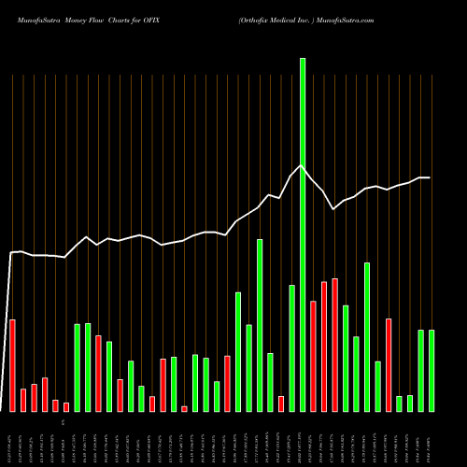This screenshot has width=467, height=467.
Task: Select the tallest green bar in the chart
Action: [x=303, y=234]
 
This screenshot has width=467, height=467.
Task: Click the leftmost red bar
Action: [x=13, y=365]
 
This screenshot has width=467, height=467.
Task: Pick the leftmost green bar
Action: [x=78, y=367]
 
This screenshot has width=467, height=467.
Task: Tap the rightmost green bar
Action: [x=432, y=370]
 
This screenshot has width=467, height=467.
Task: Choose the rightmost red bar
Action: [x=389, y=364]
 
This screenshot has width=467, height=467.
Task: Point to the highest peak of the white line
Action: [x=301, y=166]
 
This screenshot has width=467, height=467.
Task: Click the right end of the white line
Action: [x=430, y=177]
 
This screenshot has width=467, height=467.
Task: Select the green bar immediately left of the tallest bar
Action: [x=291, y=347]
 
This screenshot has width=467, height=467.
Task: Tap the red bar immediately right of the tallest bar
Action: [x=313, y=356]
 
